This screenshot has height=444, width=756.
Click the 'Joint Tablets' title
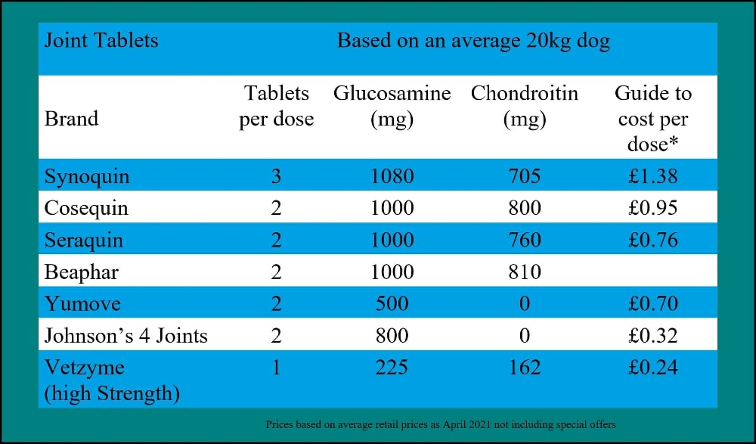pyautogui.click(x=101, y=40)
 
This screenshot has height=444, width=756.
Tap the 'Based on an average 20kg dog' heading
pyautogui.click(x=473, y=40)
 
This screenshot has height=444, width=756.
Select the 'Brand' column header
pyautogui.click(x=71, y=119)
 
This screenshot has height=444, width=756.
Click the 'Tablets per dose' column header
pyautogui.click(x=277, y=107)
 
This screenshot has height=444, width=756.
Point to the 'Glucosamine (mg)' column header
pyautogui.click(x=392, y=107)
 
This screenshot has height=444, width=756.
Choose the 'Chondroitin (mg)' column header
pyautogui.click(x=524, y=107)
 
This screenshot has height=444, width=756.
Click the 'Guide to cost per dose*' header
pyautogui.click(x=652, y=118)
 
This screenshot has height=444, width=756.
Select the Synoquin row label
pyautogui.click(x=87, y=177)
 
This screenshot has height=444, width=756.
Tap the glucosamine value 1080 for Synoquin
pyautogui.click(x=392, y=177)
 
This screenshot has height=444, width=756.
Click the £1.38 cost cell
pyautogui.click(x=652, y=177)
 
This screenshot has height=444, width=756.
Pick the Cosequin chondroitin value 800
pyautogui.click(x=524, y=208)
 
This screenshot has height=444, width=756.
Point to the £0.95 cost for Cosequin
pyautogui.click(x=652, y=208)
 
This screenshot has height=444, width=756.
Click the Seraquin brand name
pyautogui.click(x=83, y=240)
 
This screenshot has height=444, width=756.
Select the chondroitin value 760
pyautogui.click(x=524, y=240)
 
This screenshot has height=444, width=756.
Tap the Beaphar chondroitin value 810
pyautogui.click(x=524, y=272)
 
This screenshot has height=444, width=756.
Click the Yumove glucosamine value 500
pyautogui.click(x=392, y=303)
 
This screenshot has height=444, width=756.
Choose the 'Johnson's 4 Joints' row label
pyautogui.click(x=125, y=335)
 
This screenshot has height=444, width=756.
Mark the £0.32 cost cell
pyautogui.click(x=652, y=335)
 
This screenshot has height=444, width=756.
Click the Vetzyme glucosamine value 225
pyautogui.click(x=392, y=368)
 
